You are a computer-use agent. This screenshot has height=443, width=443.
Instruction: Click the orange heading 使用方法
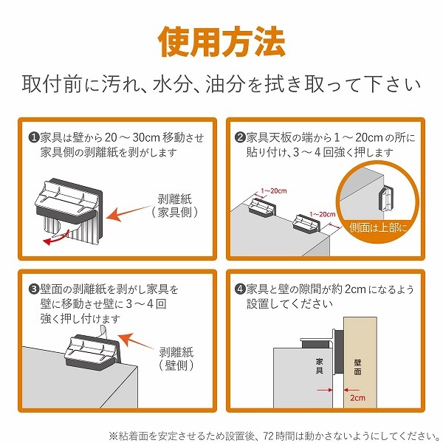221,42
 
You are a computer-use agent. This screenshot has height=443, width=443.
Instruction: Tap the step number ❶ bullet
34,138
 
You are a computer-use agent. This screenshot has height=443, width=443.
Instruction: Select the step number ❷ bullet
240,138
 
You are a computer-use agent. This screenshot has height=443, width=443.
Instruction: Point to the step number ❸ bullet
34,289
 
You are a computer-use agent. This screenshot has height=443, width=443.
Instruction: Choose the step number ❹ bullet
240,289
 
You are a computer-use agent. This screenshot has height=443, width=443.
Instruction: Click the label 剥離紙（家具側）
174,206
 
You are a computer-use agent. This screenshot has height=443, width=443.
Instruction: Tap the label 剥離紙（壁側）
176,359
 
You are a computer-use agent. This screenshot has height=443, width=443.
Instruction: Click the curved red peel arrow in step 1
56,238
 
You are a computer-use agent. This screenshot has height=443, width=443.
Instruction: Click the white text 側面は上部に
378,227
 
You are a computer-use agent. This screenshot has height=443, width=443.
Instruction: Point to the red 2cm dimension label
357,398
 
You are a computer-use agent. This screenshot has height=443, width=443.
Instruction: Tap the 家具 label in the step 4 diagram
320,366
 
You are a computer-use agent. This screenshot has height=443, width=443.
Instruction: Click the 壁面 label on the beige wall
357,367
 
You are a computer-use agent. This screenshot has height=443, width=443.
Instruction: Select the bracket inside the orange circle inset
385,199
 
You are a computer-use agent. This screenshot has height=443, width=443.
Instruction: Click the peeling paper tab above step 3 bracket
103,332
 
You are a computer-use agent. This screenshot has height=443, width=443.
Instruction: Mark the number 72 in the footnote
269,436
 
